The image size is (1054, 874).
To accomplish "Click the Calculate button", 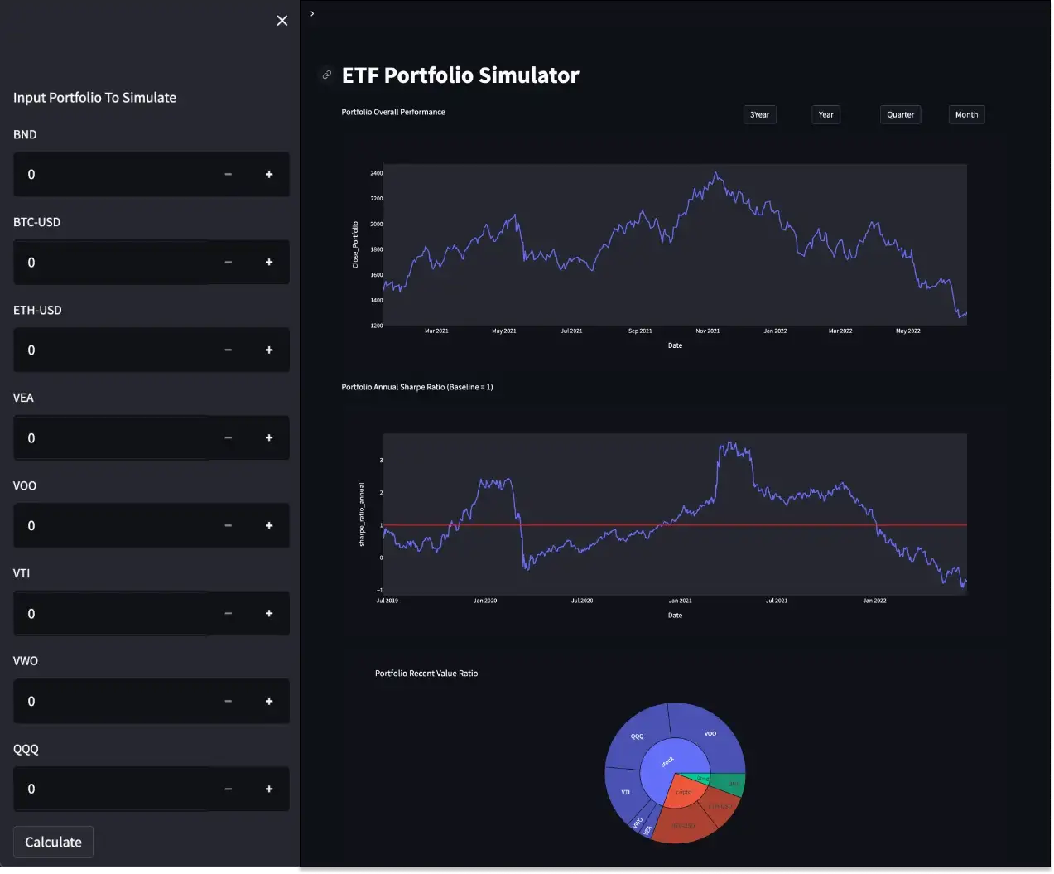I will click(x=53, y=842).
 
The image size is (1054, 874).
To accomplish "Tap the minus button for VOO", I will click(x=228, y=525).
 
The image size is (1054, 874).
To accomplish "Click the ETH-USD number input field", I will click(x=116, y=350).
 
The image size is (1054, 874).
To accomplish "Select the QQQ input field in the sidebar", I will click(x=116, y=789).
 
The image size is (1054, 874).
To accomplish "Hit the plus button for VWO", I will click(x=269, y=702).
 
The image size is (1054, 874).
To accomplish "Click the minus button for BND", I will click(x=228, y=175).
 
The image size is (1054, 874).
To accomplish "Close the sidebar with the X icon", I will click(x=282, y=21).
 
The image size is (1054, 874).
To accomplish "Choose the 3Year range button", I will click(x=759, y=115).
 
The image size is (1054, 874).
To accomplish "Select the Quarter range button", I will click(x=900, y=115).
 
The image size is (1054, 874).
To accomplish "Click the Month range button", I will click(x=966, y=115).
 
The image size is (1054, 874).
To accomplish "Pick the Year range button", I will click(x=825, y=115).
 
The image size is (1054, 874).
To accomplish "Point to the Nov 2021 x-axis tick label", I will click(x=707, y=331).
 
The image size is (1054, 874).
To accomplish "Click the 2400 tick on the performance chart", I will click(x=377, y=173).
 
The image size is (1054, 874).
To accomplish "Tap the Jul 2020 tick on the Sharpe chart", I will click(x=582, y=601).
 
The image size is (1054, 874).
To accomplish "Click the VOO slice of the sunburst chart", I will click(x=710, y=734).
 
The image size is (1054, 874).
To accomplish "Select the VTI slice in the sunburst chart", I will click(x=625, y=792).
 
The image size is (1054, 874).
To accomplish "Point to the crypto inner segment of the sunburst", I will click(x=684, y=793).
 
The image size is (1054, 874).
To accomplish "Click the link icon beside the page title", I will click(x=327, y=75).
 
